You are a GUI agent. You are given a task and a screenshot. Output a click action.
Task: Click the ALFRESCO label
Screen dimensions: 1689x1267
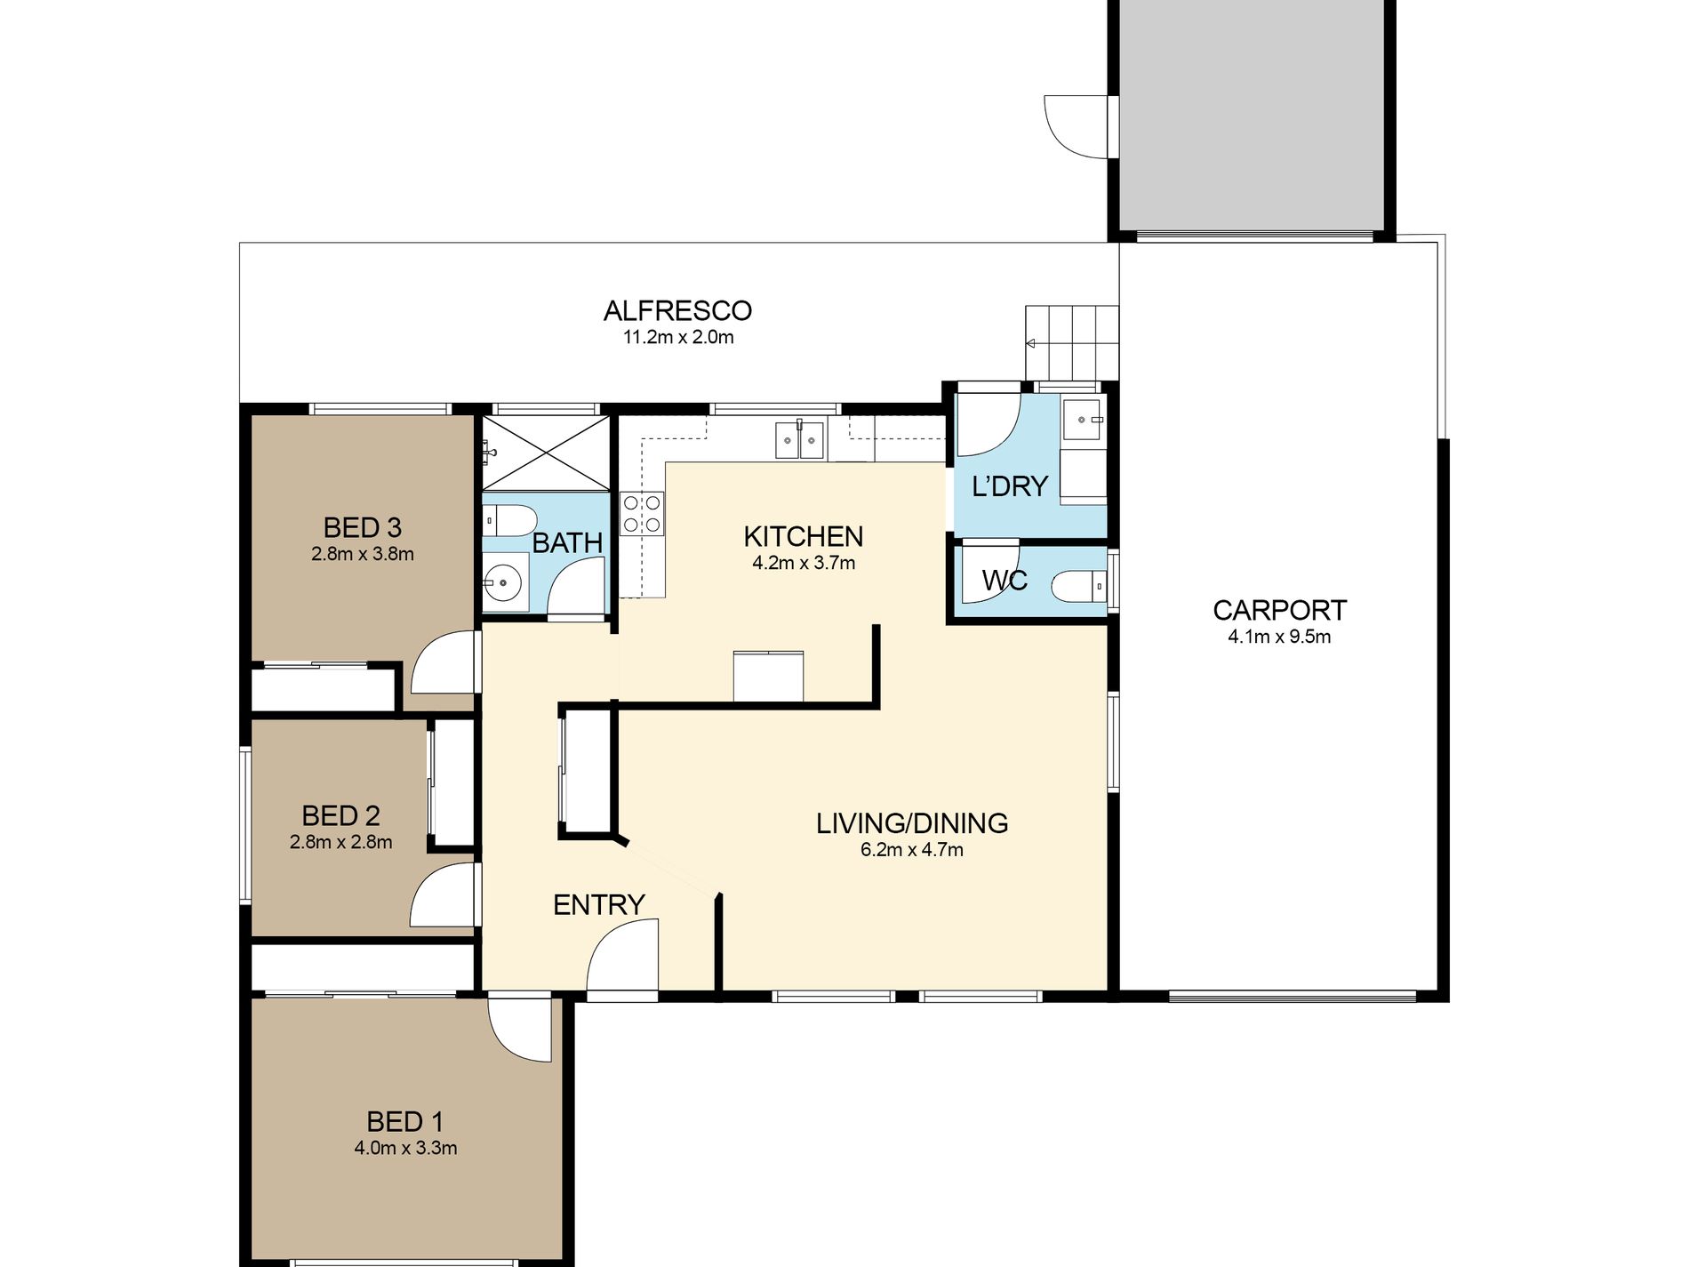point(677,311)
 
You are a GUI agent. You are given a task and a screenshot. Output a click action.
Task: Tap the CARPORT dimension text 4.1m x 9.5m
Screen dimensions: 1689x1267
point(1279,637)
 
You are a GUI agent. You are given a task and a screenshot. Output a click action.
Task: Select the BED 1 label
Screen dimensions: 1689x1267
point(404,1122)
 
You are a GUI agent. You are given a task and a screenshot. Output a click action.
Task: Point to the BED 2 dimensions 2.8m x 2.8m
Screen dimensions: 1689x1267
point(340,842)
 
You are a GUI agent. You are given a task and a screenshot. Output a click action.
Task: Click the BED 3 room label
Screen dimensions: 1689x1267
point(362,528)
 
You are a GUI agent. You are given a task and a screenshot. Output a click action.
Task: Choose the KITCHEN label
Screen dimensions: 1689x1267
point(803,537)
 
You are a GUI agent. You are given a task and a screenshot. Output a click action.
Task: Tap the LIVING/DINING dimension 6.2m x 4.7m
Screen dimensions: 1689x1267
point(912,850)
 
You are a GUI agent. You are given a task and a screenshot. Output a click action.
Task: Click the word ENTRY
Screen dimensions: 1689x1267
point(598,905)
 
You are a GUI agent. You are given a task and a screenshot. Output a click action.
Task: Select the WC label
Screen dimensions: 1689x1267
point(1005,581)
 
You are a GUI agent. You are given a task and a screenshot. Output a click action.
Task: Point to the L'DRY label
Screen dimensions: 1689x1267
point(1010,486)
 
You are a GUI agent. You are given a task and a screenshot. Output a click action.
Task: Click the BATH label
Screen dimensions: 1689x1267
point(567,542)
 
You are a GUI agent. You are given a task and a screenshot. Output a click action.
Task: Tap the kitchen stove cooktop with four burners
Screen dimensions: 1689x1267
point(643,514)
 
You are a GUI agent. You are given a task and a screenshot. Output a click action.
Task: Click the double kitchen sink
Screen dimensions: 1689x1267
point(800,439)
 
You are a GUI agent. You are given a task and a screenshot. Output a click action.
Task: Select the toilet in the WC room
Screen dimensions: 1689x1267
point(1078,586)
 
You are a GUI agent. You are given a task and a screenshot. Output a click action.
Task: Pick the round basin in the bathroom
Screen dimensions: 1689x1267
point(505,583)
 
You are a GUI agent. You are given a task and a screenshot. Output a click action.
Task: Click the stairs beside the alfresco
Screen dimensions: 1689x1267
point(1071,343)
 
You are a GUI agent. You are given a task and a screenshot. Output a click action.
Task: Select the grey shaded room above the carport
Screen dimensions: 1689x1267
point(1251,115)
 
